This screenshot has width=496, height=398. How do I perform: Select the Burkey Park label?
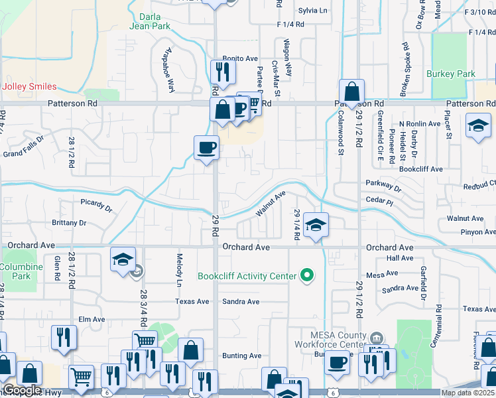tap(451, 74)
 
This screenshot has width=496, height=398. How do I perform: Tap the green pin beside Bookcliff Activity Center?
tap(306, 274)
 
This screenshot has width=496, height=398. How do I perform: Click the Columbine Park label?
tap(20, 271)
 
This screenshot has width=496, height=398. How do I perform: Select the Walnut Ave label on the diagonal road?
tap(271, 203)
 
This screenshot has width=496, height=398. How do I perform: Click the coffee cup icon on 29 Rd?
tap(206, 147)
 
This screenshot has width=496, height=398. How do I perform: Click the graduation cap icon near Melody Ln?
tap(123, 259)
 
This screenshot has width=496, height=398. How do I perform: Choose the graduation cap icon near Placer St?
tap(478, 125)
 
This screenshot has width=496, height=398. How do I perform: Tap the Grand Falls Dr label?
tap(23, 147)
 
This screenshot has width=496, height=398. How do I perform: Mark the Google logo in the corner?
tap(21, 390)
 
